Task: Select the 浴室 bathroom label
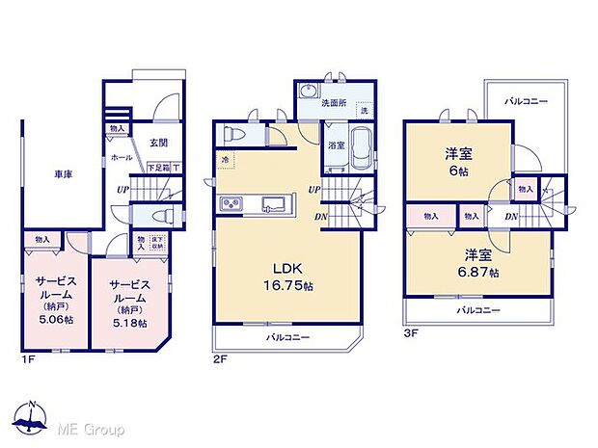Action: [334, 145]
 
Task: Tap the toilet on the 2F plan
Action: [233, 135]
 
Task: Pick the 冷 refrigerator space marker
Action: [225, 158]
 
